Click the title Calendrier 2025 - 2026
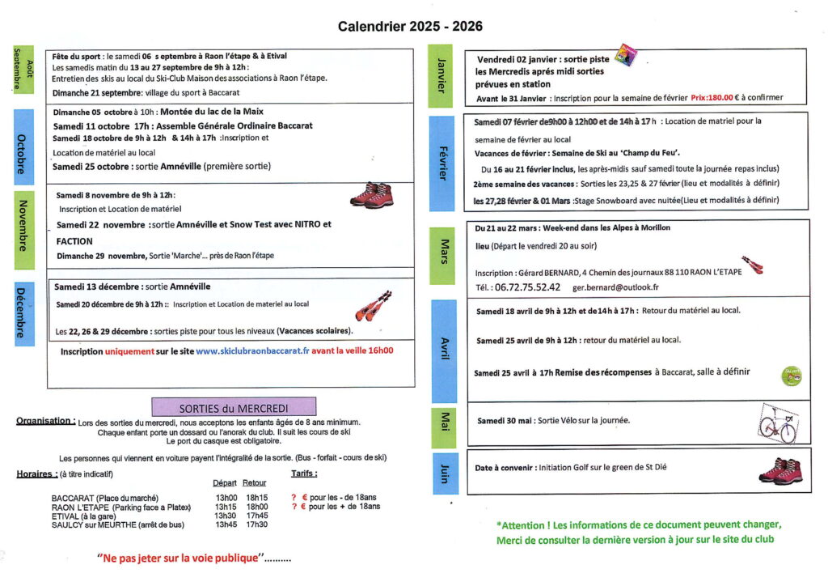(x=410, y=26)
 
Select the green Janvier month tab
(x=441, y=75)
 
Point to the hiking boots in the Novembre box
(x=370, y=195)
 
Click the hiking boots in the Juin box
(x=779, y=470)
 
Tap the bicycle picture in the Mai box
(x=777, y=422)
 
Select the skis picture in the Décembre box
(x=373, y=306)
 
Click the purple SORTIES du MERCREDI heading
(x=234, y=406)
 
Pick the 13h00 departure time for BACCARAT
(x=226, y=498)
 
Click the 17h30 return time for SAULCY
(x=257, y=524)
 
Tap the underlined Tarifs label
(x=304, y=473)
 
